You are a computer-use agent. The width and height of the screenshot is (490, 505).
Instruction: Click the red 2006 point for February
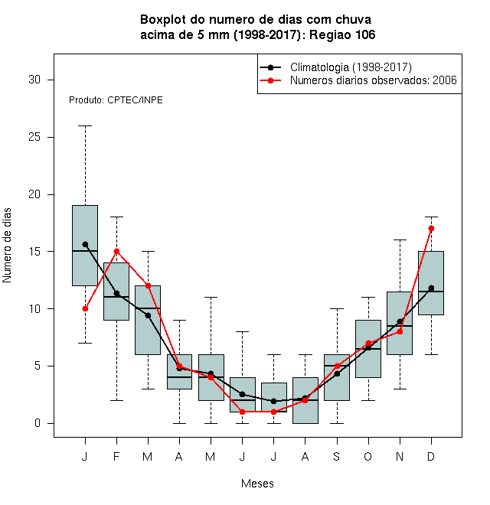coord(116,251)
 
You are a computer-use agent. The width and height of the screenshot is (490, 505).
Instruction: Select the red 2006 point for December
coord(431,228)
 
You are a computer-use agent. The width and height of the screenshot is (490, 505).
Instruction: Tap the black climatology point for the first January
coord(85,244)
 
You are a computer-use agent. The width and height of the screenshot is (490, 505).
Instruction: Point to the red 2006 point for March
coord(148,285)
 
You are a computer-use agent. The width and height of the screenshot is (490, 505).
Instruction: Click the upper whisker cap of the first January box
coord(85,126)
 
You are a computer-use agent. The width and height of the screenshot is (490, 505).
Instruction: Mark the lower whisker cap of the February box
coord(116,400)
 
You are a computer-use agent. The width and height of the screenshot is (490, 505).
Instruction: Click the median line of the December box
coord(431,292)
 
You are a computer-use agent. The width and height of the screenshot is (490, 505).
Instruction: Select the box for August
coord(305,400)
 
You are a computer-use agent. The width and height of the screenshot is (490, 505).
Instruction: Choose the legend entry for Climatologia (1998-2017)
coord(336,67)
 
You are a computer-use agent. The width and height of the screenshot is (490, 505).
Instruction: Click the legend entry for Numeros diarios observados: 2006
coord(358,80)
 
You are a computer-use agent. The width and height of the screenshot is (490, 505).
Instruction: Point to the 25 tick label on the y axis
coord(34,137)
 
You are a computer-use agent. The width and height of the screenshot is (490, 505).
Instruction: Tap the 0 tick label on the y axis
coord(38,423)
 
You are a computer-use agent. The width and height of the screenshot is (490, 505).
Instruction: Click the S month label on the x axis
coord(337,456)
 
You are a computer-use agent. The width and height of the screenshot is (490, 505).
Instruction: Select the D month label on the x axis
coord(431,456)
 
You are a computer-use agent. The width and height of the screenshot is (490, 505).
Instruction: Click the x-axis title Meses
coord(257,484)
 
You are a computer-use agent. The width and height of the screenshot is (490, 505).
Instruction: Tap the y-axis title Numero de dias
coord(7,246)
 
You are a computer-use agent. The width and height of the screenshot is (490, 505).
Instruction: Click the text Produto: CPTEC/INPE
coord(116,100)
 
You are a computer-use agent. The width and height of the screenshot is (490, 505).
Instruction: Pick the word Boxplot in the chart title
coord(163,20)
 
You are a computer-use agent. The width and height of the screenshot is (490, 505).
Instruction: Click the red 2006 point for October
coord(368,343)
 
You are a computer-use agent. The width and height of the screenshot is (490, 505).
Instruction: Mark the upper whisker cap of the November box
coord(400,240)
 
